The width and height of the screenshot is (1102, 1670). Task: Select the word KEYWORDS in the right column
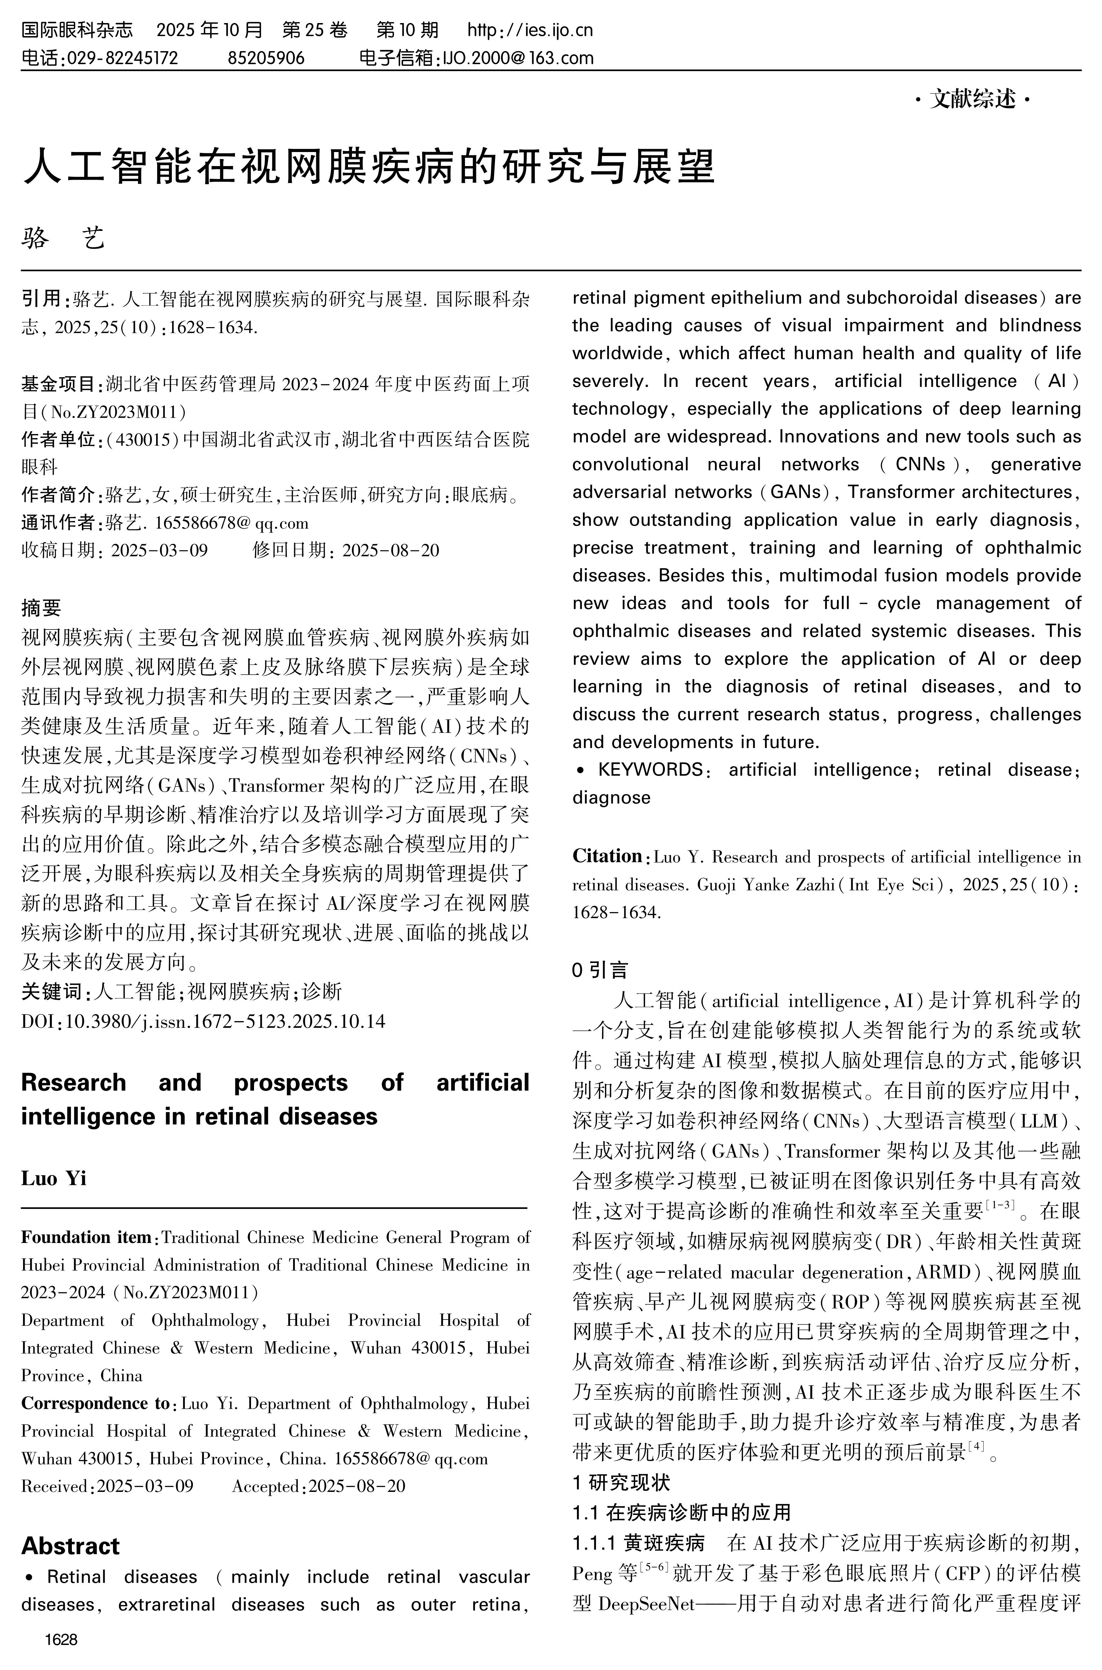coord(650,769)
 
